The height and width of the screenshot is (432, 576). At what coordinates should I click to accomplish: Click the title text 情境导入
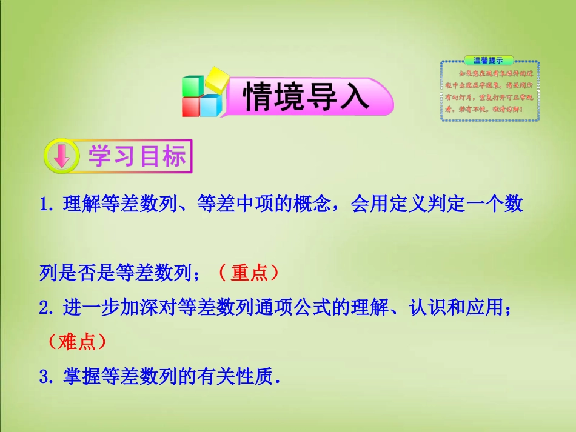(x=305, y=97)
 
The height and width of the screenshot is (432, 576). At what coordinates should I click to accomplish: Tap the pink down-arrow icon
(x=61, y=157)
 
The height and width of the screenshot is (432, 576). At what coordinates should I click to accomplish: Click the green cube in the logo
(x=194, y=87)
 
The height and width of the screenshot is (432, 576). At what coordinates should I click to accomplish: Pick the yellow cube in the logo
(x=216, y=79)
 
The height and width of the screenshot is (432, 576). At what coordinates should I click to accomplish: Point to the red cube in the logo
(x=192, y=107)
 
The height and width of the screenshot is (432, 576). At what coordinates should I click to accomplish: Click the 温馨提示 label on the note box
(x=488, y=61)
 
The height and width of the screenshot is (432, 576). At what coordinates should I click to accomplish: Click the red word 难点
(x=77, y=342)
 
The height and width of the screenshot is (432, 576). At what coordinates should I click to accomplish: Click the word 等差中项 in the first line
(x=229, y=205)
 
